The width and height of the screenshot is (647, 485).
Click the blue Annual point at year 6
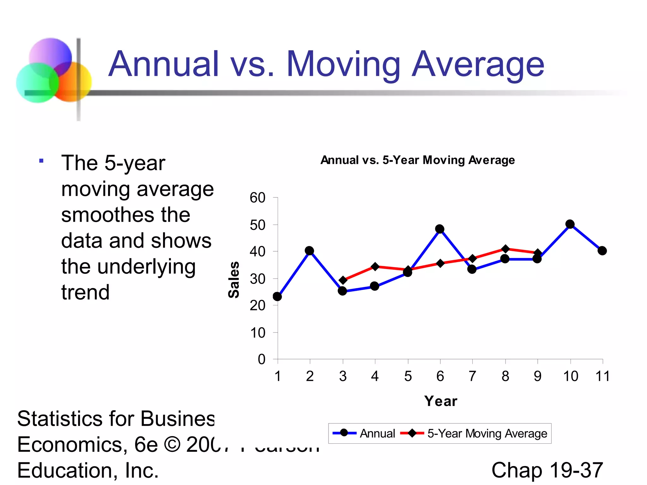tap(439, 229)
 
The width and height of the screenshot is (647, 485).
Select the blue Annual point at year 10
tap(570, 224)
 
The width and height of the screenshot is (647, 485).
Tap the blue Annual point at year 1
tap(277, 296)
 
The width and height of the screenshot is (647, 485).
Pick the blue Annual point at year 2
tap(310, 251)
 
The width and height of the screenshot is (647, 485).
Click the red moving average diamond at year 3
tap(343, 280)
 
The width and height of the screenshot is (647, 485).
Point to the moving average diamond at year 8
tap(505, 249)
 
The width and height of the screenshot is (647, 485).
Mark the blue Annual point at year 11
tap(602, 251)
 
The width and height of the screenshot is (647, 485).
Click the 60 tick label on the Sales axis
tap(257, 198)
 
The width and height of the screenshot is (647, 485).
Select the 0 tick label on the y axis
tap(262, 359)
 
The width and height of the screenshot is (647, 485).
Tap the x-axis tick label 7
tap(472, 376)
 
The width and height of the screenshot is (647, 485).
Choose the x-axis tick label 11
tap(602, 376)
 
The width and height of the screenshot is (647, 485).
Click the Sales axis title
tap(234, 279)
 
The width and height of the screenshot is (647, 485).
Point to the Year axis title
tap(441, 401)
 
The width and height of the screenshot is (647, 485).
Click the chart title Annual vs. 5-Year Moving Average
tap(418, 160)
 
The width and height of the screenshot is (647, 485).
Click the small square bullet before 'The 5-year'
tap(41, 161)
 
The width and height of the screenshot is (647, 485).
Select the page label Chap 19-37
tap(547, 470)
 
